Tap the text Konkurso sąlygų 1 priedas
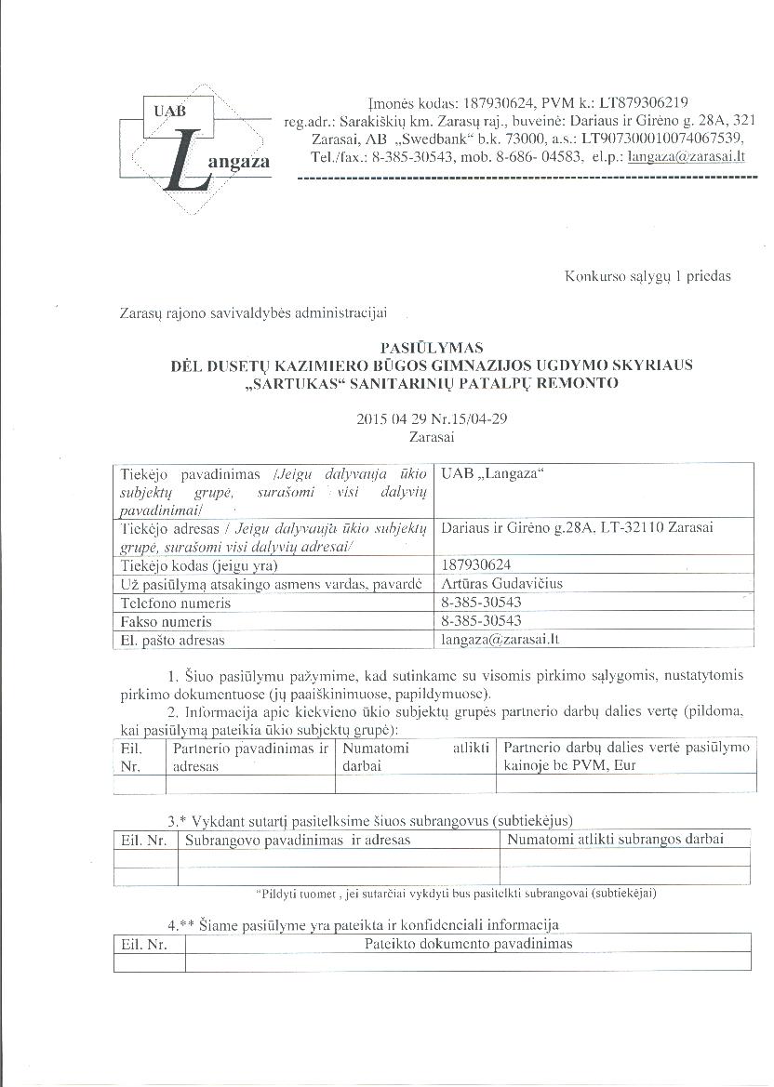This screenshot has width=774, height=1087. [x=647, y=276]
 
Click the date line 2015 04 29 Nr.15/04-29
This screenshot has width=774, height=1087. [x=432, y=418]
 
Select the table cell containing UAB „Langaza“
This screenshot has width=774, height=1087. [x=493, y=475]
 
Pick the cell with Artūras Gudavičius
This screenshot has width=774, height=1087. [x=502, y=584]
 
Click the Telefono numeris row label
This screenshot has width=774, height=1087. [x=174, y=603]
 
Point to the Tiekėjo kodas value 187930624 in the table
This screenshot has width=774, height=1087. [x=476, y=565]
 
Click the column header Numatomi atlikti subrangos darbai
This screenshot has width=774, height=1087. [x=615, y=839]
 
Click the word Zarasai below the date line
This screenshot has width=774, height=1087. [x=432, y=434]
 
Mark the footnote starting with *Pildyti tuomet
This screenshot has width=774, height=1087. [x=457, y=893]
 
